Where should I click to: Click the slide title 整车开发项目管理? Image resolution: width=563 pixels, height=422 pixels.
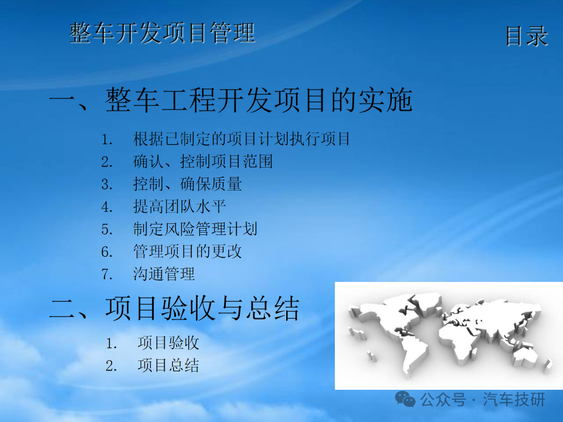click(162, 33)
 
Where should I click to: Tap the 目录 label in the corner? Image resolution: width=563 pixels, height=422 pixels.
click(527, 36)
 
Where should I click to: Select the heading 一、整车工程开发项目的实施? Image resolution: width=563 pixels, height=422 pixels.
click(230, 100)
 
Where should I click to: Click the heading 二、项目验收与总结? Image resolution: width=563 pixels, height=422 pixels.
click(174, 308)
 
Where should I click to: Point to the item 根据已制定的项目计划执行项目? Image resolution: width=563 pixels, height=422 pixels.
click(241, 139)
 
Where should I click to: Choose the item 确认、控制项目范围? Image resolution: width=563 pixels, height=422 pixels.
click(203, 162)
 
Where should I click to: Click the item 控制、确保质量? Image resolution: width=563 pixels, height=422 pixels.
click(188, 184)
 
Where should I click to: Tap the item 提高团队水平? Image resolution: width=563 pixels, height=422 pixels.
click(179, 206)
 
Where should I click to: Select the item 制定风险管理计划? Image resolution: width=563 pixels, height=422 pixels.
click(195, 229)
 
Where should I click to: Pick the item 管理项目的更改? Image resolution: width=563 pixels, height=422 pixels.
click(188, 251)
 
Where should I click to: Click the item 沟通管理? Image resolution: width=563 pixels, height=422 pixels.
click(164, 274)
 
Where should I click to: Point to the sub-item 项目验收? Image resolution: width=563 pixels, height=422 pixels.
click(168, 343)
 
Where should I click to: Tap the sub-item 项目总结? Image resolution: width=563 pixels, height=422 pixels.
click(168, 366)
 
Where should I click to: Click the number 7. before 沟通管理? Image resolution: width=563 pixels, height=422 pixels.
click(107, 274)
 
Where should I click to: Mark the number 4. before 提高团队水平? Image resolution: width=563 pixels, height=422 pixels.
click(107, 207)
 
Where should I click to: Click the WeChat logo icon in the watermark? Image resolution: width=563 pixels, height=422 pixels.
click(405, 399)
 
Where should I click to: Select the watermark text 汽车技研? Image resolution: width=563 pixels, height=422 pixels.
click(514, 399)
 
